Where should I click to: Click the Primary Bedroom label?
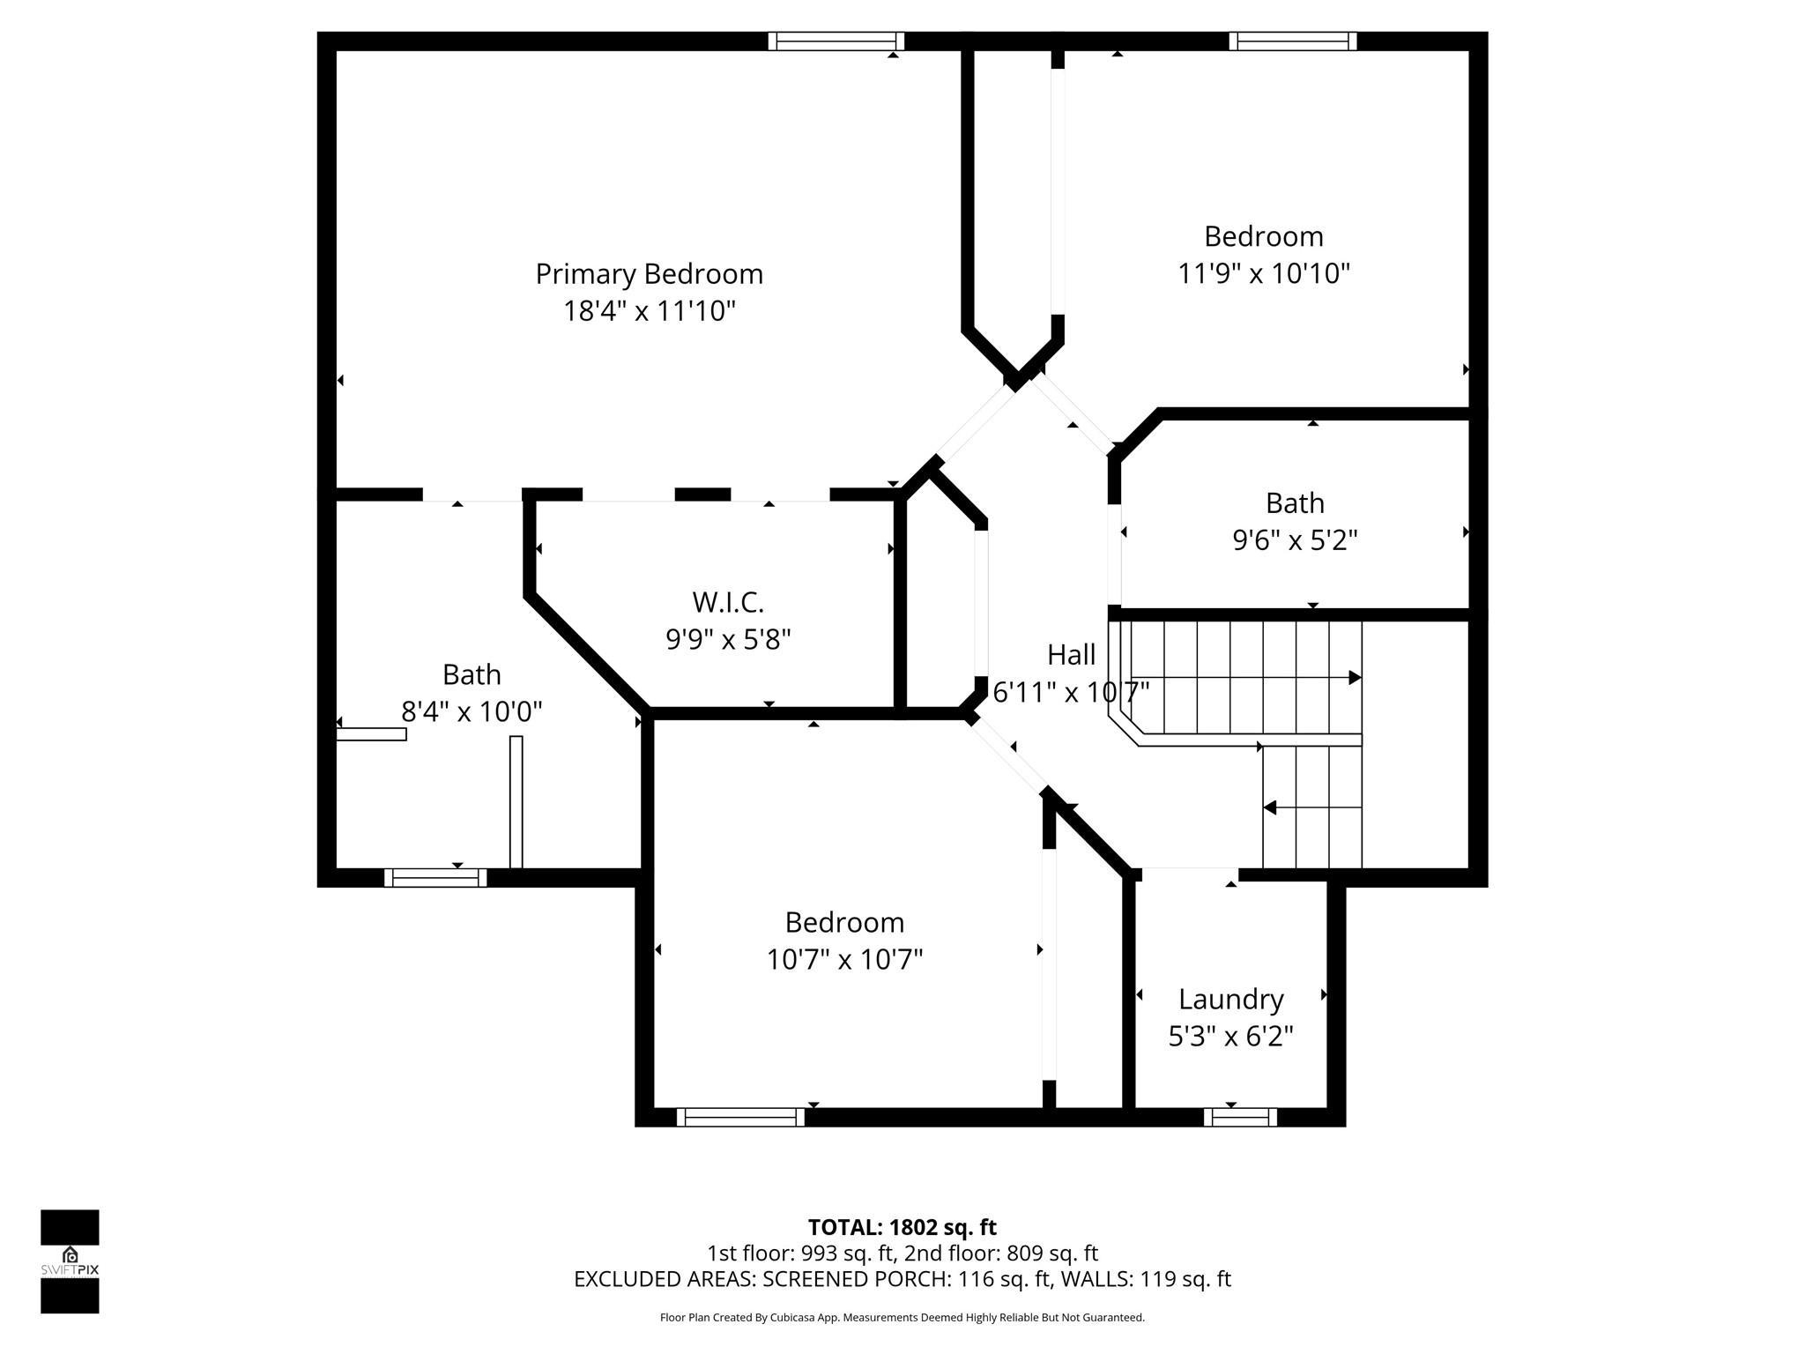pyautogui.click(x=649, y=274)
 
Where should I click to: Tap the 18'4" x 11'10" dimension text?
pyautogui.click(x=649, y=311)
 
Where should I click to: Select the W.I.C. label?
pyautogui.click(x=727, y=602)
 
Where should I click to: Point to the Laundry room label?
pyautogui.click(x=1230, y=999)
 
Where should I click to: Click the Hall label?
pyautogui.click(x=1071, y=655)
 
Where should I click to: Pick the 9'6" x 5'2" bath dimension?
pyautogui.click(x=1295, y=539)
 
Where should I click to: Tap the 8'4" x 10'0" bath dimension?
pyautogui.click(x=472, y=710)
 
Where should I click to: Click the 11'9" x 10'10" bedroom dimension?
pyautogui.click(x=1263, y=273)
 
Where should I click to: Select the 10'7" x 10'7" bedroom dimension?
pyautogui.click(x=844, y=959)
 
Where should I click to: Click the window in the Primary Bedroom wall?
pyautogui.click(x=836, y=41)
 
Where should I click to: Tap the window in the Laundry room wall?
pyautogui.click(x=1239, y=1117)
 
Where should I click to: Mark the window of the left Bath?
pyautogui.click(x=435, y=877)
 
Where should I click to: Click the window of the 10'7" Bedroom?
pyautogui.click(x=740, y=1117)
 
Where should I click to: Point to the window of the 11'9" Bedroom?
pyautogui.click(x=1292, y=41)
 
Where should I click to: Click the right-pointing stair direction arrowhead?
pyautogui.click(x=1355, y=678)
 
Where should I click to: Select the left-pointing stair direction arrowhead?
pyautogui.click(x=1270, y=807)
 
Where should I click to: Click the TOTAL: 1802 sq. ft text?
pyautogui.click(x=902, y=1227)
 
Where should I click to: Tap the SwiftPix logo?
pyautogui.click(x=70, y=1261)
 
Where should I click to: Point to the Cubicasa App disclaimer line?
pyautogui.click(x=902, y=1318)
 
